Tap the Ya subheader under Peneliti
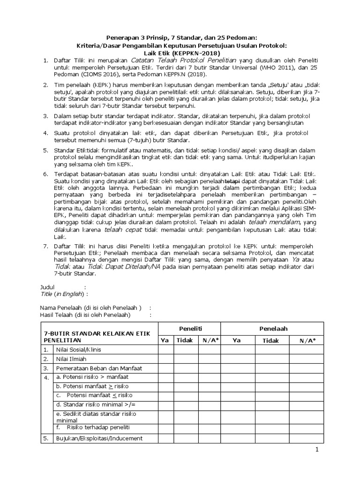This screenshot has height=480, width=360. [165, 341]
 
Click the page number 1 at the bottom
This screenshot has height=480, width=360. [317, 450]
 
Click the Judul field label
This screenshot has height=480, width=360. [48, 287]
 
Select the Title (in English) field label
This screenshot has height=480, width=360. [62, 294]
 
